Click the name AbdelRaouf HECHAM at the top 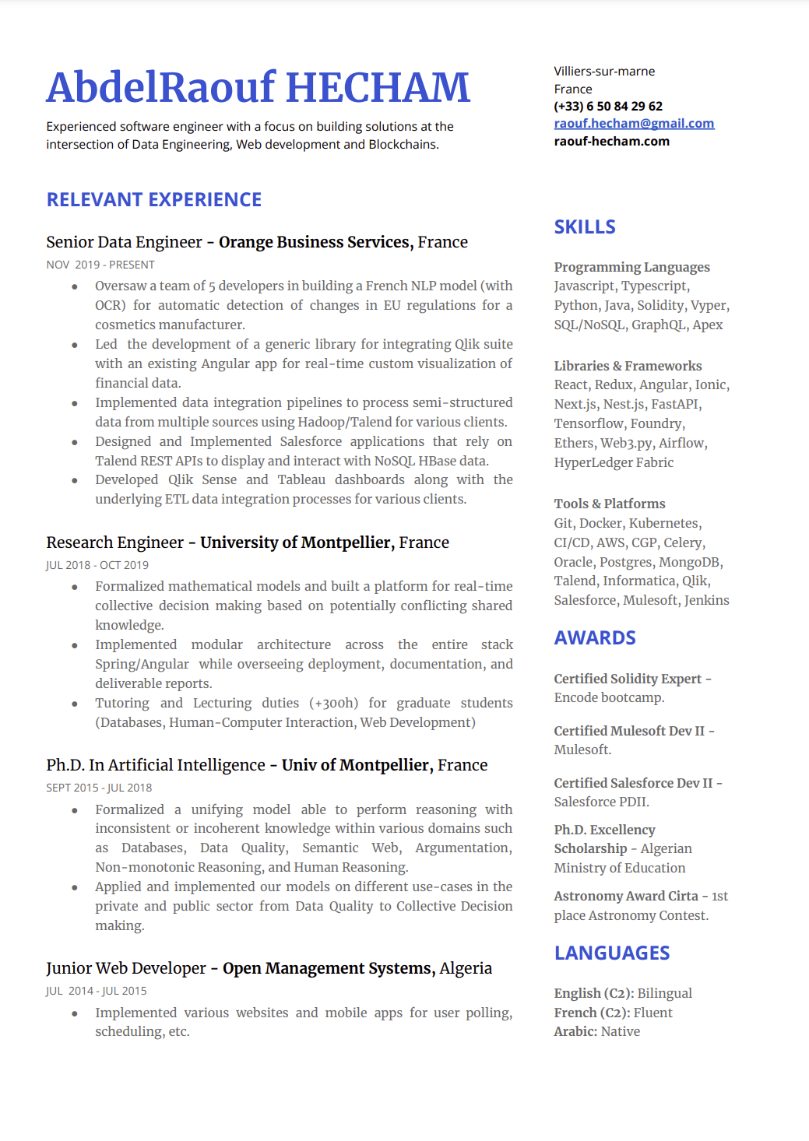[258, 87]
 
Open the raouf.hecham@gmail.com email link [634, 124]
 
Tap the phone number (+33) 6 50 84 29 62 [608, 106]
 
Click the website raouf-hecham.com [611, 142]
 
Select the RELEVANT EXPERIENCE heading [154, 200]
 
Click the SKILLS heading [585, 227]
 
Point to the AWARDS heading [595, 638]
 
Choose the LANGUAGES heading [612, 953]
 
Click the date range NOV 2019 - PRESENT [100, 265]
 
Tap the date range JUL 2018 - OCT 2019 [97, 565]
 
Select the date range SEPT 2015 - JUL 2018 [99, 788]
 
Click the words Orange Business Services [314, 242]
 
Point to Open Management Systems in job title [327, 968]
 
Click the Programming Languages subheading [631, 268]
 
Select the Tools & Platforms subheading [610, 504]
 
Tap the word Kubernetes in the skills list [664, 523]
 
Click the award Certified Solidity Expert [628, 679]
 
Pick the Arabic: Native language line [596, 1032]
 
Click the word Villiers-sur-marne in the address [604, 72]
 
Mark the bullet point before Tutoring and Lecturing [75, 704]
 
